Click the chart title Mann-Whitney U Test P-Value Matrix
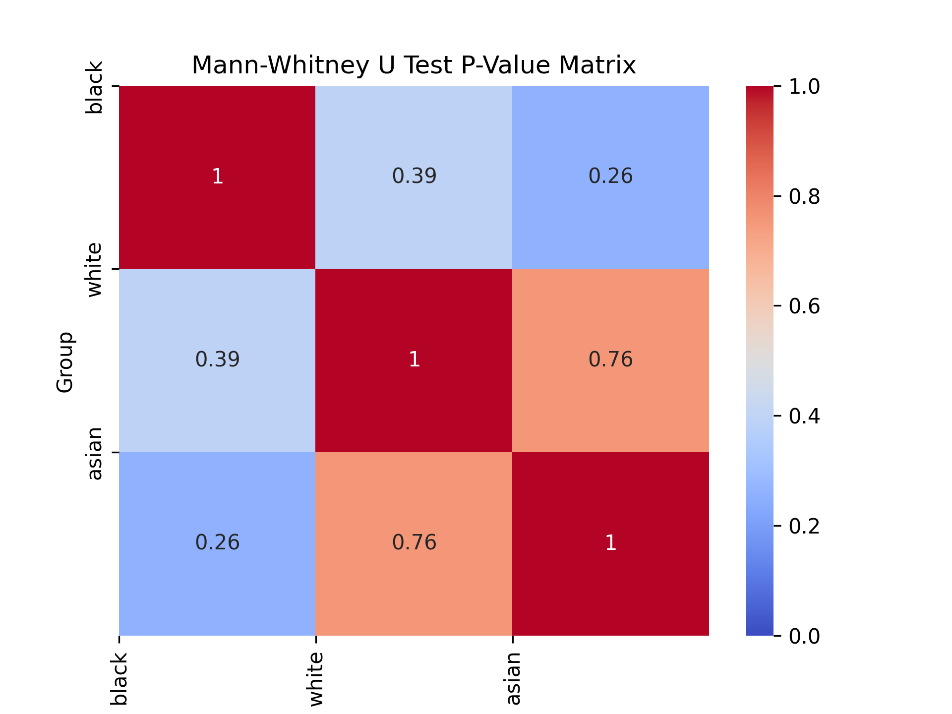point(414,65)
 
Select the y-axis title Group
point(65,362)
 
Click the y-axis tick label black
point(94,87)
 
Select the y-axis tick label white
point(94,270)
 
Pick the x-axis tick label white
point(316,679)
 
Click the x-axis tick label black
point(119,679)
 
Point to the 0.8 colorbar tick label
point(804,197)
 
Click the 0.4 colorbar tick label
point(804,416)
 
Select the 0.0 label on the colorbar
point(804,636)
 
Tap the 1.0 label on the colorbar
point(804,87)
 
